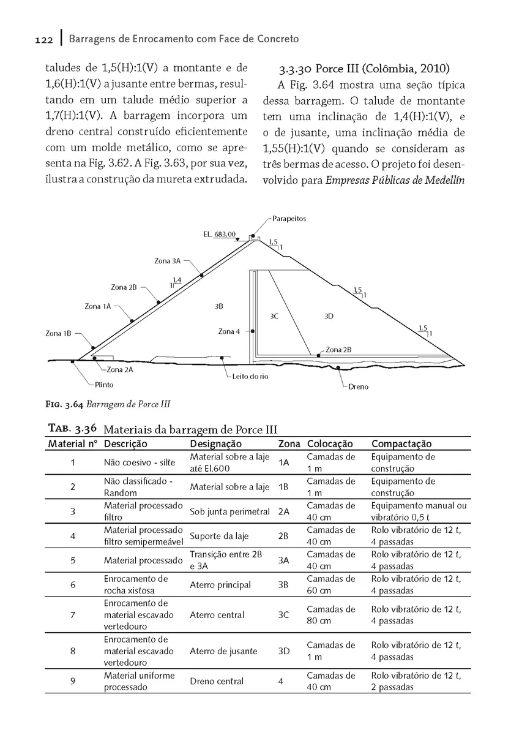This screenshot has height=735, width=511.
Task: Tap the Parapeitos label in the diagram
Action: pos(289,219)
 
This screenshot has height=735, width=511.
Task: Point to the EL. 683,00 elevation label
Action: pos(219,235)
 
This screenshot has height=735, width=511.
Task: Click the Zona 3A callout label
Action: pos(167,261)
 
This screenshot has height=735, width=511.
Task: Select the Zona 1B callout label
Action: pos(58,334)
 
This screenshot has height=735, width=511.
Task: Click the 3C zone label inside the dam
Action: pos(274,317)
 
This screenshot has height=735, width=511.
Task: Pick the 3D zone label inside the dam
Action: pos(329,317)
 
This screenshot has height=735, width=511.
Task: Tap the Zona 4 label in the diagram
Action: pos(229,331)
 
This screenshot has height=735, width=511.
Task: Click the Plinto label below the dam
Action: pos(103,385)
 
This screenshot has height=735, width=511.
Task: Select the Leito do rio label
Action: pos(250,377)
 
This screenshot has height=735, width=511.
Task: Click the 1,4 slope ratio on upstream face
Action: pos(177,280)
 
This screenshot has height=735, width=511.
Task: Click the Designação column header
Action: pos(215,444)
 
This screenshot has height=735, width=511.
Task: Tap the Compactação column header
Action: pos(401,444)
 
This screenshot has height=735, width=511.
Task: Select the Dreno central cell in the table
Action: pos(217,681)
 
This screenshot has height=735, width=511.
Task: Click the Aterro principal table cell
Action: pos(220,585)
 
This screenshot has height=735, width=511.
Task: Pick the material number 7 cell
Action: pos(73,615)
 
